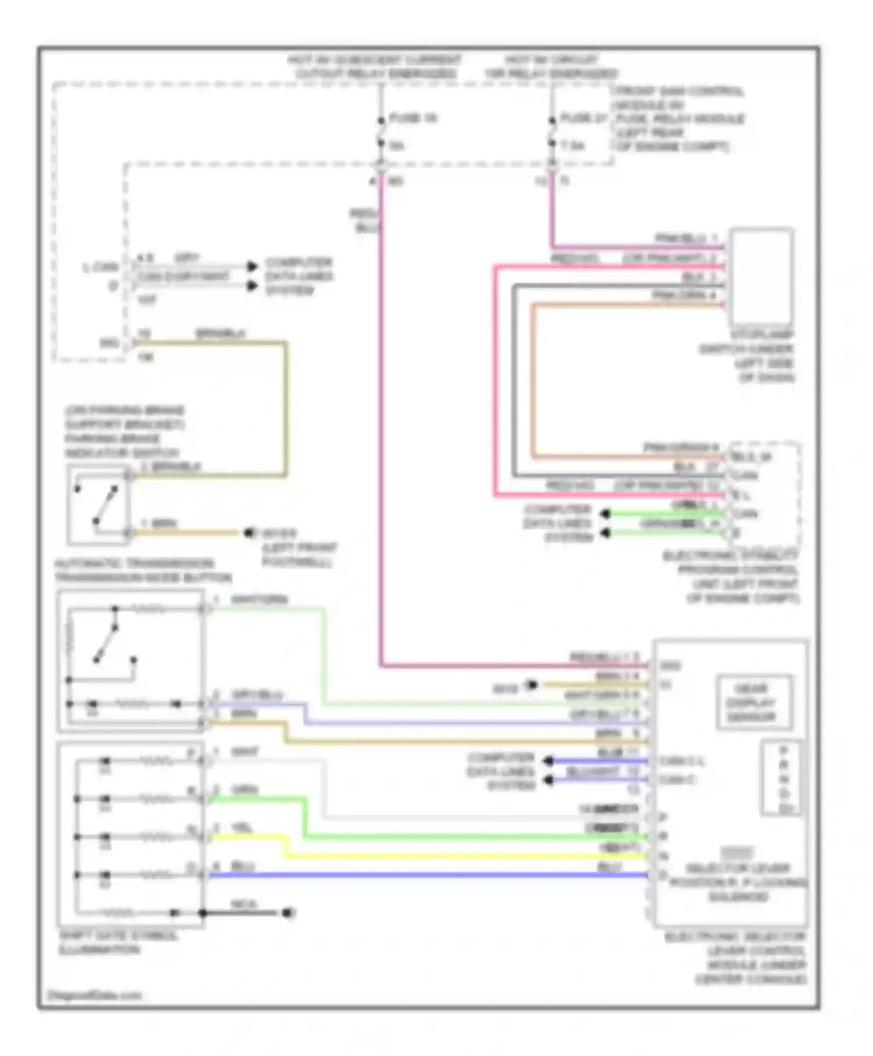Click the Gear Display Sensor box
click(x=754, y=702)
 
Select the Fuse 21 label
click(x=584, y=119)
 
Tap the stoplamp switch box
click(x=761, y=277)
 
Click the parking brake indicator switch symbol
click(x=98, y=505)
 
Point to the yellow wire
click(x=466, y=856)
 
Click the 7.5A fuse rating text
click(x=573, y=146)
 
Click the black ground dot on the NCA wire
click(x=288, y=913)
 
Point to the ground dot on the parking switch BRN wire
click(x=249, y=533)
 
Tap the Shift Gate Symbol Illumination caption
click(x=119, y=943)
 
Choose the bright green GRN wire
click(x=466, y=837)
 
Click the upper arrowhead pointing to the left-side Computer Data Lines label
click(x=253, y=266)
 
